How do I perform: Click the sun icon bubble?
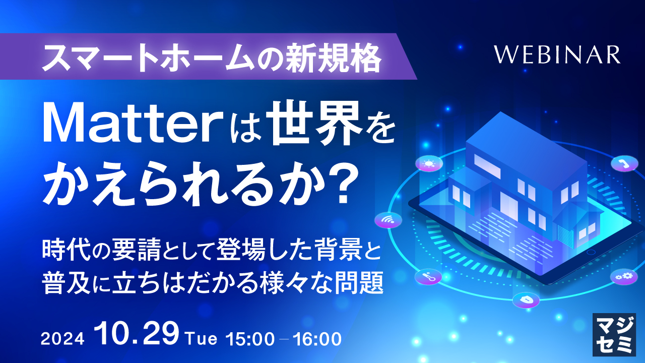pos(429,163)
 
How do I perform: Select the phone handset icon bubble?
pos(624,163)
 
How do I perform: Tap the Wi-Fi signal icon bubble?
pos(388,220)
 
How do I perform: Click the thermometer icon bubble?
pos(428,276)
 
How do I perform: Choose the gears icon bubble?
pos(624,276)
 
